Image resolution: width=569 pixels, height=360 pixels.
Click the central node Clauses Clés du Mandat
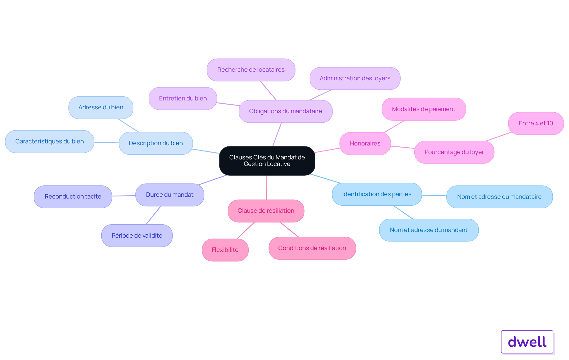[x=267, y=161]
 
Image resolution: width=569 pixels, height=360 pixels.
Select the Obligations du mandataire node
[x=285, y=111]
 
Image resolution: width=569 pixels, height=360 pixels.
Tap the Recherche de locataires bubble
[x=251, y=70]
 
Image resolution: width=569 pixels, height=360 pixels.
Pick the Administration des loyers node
[x=355, y=78]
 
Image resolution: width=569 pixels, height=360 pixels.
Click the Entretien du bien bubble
[x=183, y=98]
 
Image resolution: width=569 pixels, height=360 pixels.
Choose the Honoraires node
[x=365, y=143]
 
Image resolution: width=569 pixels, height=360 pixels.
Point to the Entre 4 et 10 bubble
[x=536, y=123]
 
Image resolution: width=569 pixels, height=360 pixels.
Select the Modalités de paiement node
[x=423, y=109]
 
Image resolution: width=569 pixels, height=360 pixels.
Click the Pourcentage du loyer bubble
[x=454, y=152]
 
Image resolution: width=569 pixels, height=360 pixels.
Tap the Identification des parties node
[x=377, y=194]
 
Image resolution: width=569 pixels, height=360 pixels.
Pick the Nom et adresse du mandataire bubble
[x=499, y=197]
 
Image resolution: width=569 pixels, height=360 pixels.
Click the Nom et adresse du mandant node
[x=429, y=230]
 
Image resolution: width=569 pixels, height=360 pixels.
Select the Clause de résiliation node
[x=266, y=211]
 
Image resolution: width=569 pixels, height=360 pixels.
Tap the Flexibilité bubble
[x=225, y=250]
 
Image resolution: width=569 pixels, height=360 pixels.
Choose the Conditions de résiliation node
[x=312, y=248]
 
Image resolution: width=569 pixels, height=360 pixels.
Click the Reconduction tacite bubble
[x=73, y=196]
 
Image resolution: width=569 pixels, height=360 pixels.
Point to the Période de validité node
[x=137, y=236]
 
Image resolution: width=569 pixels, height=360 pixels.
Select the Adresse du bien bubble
[x=101, y=107]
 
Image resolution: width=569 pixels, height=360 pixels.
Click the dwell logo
[x=527, y=342]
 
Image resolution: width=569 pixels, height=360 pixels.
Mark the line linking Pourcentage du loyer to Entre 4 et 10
[x=498, y=137]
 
